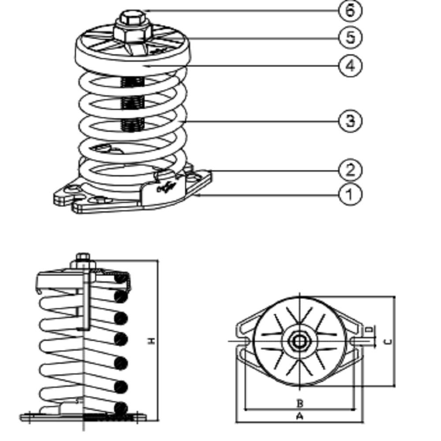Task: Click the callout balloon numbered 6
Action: [x=350, y=11]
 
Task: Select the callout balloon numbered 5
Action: [x=350, y=37]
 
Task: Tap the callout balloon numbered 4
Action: [x=350, y=66]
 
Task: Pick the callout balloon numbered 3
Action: [x=350, y=120]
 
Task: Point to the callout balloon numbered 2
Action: [x=350, y=170]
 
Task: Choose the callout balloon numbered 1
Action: [x=350, y=194]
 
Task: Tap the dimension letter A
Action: [x=299, y=416]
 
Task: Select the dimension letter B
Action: [x=299, y=403]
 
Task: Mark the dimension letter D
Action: [x=370, y=329]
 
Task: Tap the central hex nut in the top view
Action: [x=299, y=341]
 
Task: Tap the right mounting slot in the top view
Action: [x=355, y=341]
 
